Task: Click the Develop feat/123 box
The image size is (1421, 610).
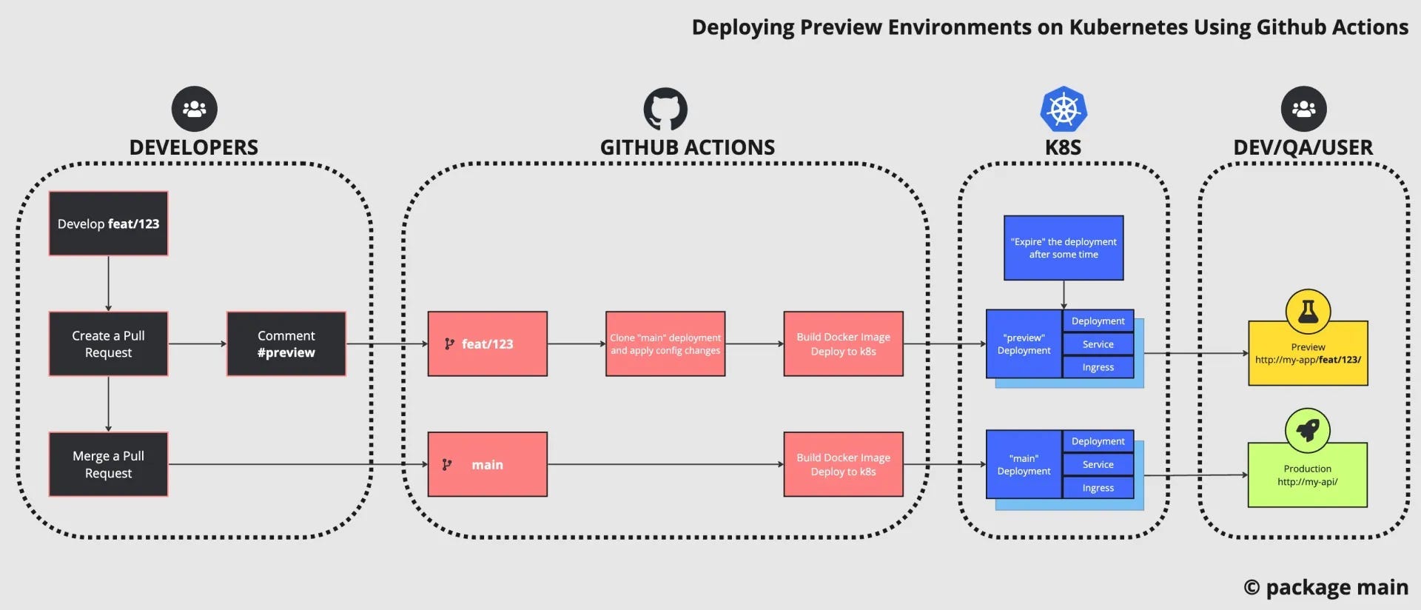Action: coord(108,224)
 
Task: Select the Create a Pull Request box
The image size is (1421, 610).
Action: coord(108,343)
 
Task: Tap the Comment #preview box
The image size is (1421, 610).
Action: coord(286,343)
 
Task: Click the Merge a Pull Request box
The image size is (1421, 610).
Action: coord(108,464)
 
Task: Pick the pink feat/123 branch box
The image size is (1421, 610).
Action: coord(487,343)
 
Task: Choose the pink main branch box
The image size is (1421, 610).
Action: coord(487,464)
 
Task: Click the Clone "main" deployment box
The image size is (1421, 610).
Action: coord(665,343)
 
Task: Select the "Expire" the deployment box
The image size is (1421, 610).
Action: coord(1063,248)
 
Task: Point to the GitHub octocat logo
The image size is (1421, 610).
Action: coord(665,110)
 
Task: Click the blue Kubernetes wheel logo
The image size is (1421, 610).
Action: coord(1063,110)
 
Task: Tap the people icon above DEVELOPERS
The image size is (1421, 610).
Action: coord(194,109)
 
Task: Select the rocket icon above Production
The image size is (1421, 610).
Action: coord(1307,430)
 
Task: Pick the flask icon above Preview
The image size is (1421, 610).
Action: coord(1307,311)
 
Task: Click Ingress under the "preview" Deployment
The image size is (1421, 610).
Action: coord(1098,367)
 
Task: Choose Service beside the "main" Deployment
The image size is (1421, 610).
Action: coord(1098,464)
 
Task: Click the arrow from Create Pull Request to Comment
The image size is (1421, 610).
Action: coord(197,343)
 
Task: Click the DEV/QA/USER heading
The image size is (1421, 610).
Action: coord(1303,147)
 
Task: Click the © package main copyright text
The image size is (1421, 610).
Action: coord(1326,587)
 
